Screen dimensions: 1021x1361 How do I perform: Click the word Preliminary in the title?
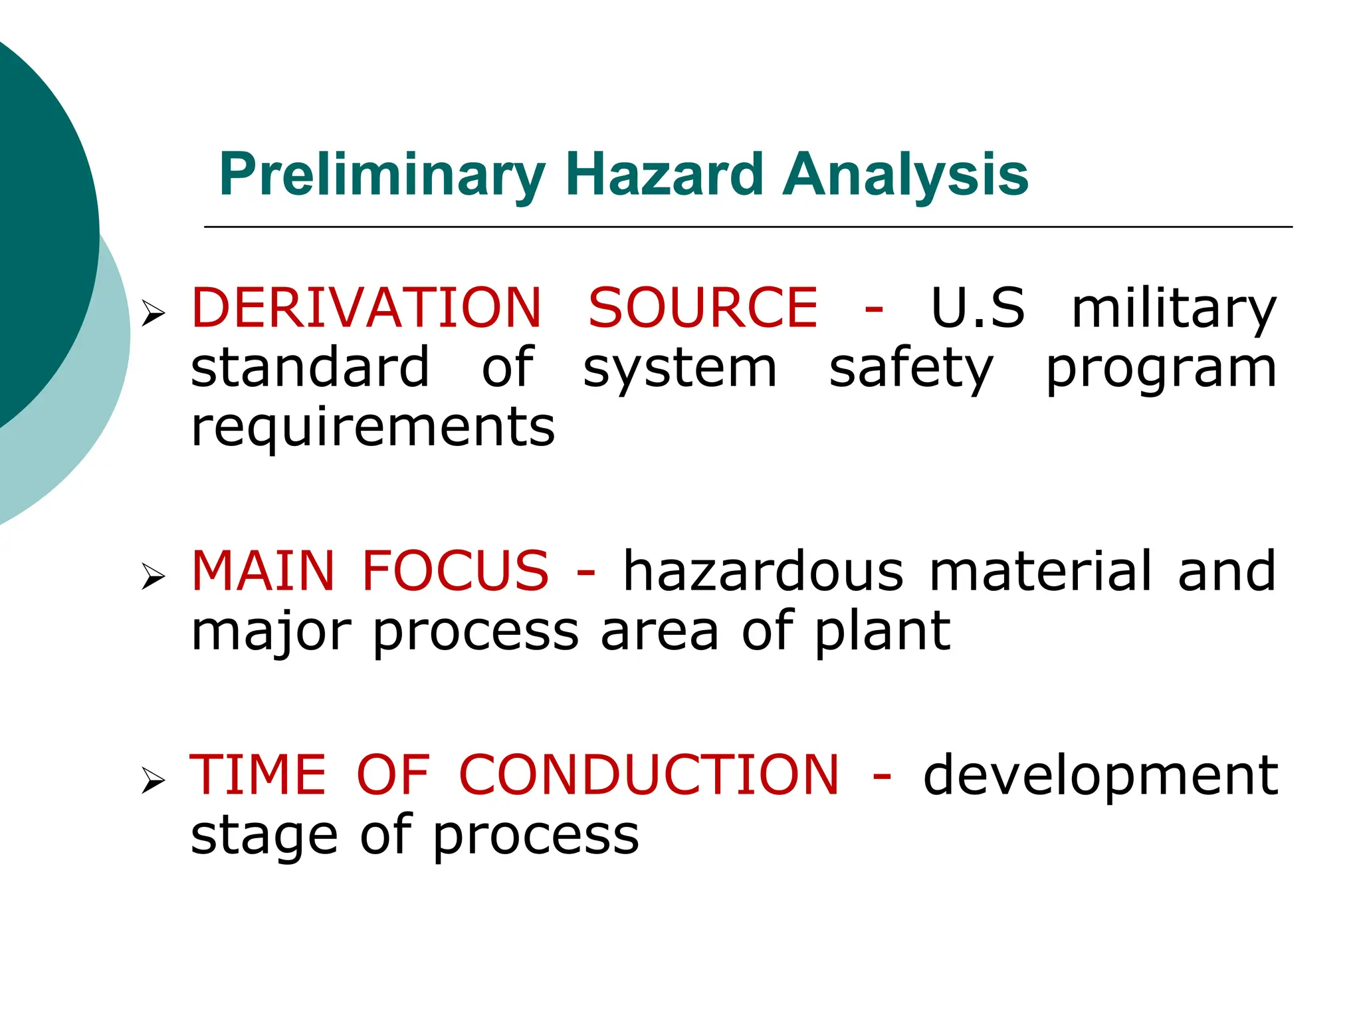[381, 175]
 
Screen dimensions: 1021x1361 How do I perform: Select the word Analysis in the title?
[905, 175]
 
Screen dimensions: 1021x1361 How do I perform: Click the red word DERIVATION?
[366, 308]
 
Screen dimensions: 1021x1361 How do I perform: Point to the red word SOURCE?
[702, 308]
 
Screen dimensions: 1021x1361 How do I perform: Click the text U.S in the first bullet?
[978, 308]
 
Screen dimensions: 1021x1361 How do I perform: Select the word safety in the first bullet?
[911, 370]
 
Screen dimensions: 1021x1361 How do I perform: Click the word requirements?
[372, 429]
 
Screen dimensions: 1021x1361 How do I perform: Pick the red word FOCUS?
[455, 571]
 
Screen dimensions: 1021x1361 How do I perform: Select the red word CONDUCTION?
[649, 775]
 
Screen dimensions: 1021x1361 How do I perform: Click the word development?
[1100, 776]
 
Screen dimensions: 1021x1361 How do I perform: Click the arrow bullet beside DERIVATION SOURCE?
[153, 312]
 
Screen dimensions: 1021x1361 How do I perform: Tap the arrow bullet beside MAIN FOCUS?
[153, 576]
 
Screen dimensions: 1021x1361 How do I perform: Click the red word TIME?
[258, 775]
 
